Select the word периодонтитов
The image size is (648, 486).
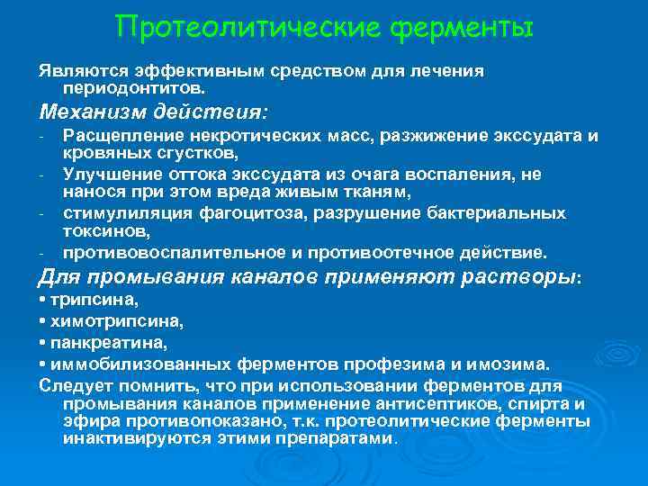tap(134, 89)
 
